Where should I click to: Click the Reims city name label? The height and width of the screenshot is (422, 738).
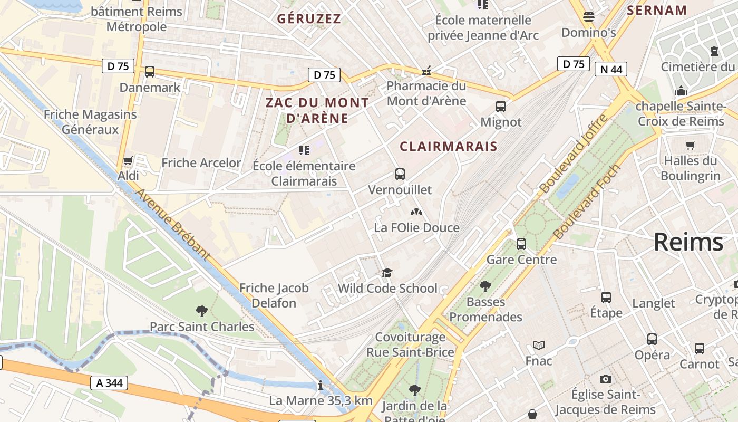click(x=688, y=242)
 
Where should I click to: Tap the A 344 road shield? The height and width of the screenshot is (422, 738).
click(x=109, y=383)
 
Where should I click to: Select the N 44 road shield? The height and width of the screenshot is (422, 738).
click(x=610, y=69)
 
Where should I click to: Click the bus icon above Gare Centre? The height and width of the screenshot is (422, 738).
click(x=521, y=244)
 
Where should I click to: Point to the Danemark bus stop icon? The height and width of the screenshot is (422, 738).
click(x=150, y=72)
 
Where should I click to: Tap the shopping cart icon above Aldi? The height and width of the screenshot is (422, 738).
click(x=127, y=160)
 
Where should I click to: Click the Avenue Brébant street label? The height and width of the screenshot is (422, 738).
click(x=173, y=224)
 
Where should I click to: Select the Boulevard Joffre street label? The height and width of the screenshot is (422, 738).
click(x=574, y=154)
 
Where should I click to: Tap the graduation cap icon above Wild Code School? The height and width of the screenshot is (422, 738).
click(x=387, y=273)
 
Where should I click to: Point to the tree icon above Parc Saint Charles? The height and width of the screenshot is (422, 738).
click(x=201, y=311)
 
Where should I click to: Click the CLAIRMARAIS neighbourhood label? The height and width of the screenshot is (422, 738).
click(x=449, y=146)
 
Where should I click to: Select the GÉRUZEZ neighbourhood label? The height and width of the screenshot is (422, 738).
click(x=309, y=19)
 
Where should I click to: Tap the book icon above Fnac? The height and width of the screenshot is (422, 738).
click(x=538, y=346)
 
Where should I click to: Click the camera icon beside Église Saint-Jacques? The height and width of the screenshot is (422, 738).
click(x=606, y=379)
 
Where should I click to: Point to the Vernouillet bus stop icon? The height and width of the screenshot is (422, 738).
click(x=400, y=174)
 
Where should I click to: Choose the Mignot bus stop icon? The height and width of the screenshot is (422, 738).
click(x=501, y=107)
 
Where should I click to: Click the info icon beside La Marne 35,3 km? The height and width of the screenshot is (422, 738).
click(x=320, y=386)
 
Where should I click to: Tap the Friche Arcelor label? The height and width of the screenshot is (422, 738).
click(x=201, y=163)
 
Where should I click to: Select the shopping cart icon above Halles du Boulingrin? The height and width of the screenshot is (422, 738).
click(x=690, y=145)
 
